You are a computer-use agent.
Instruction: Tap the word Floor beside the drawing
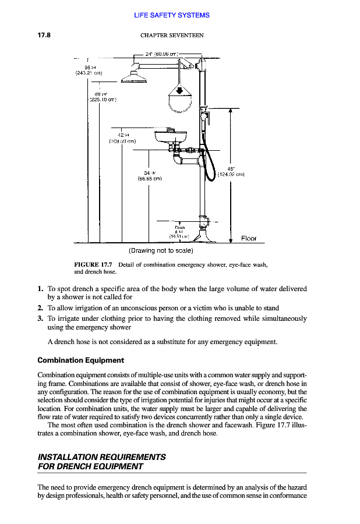[x=249, y=239]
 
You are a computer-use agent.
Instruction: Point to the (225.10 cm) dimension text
[x=103, y=98]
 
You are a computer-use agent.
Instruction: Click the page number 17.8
[x=45, y=35]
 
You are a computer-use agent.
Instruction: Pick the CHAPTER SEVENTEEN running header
[x=172, y=35]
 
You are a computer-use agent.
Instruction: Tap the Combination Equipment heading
[x=80, y=360]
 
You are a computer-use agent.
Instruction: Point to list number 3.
[x=40, y=318]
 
